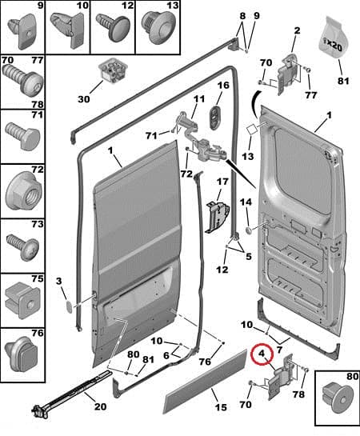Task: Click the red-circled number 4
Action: [262, 354]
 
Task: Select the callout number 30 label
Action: [84, 98]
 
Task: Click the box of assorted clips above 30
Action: [114, 70]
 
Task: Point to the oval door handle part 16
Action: [215, 118]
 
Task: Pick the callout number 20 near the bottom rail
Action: [100, 406]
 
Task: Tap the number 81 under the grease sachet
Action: [343, 81]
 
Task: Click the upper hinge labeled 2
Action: [288, 74]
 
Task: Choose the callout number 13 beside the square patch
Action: [248, 156]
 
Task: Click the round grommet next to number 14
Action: [248, 230]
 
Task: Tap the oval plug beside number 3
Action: [69, 306]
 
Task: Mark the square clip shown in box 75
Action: [22, 301]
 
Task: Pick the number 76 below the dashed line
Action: [205, 362]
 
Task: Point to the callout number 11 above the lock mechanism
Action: [198, 98]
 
